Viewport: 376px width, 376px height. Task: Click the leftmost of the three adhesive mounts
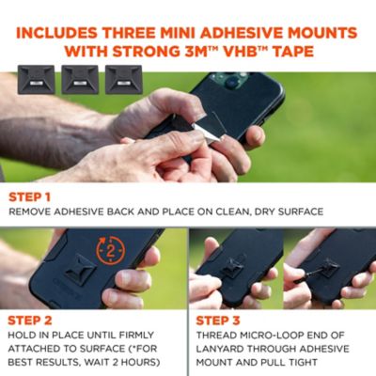coord(37,80)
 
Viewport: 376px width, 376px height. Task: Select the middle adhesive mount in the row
coord(80,80)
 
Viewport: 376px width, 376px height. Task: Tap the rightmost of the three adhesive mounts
coord(124,80)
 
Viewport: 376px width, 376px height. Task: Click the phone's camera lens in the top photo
coord(231,82)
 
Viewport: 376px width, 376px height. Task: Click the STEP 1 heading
coord(29,197)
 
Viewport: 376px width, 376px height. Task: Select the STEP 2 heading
coord(30,321)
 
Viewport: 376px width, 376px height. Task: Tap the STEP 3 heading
coord(218,321)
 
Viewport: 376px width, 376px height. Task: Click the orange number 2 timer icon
coord(111,251)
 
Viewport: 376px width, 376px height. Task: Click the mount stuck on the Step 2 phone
coord(80,270)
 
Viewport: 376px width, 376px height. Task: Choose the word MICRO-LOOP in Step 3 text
coord(270,335)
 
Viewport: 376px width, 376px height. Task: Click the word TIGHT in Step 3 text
coord(302,362)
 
